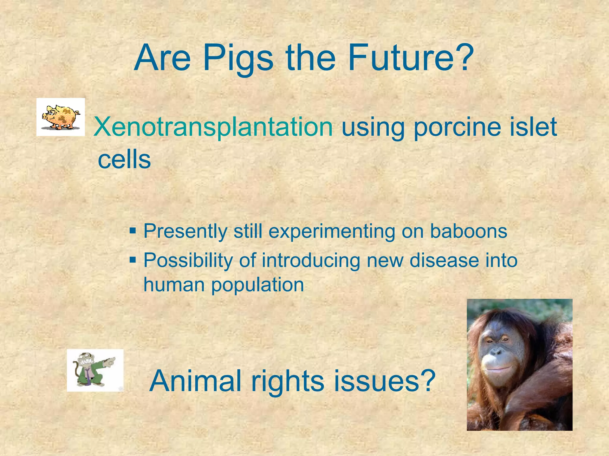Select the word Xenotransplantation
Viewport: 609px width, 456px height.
point(213,127)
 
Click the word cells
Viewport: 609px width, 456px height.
point(124,160)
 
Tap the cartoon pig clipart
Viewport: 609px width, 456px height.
point(61,117)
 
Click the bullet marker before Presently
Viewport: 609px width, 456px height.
point(133,231)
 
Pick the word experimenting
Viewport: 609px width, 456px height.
point(332,232)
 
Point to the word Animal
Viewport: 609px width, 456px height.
point(195,381)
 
